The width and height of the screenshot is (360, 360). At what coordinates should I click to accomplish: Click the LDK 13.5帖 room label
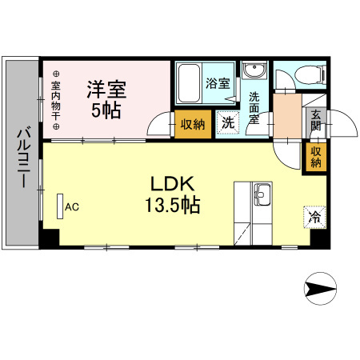pos(172,193)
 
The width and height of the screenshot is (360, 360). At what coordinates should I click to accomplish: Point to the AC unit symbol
pos(60,206)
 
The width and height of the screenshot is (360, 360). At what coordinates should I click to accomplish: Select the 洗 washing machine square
pos(228,123)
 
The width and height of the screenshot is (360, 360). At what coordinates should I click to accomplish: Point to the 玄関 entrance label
pos(315,119)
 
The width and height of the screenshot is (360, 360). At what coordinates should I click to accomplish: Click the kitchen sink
pos(262,193)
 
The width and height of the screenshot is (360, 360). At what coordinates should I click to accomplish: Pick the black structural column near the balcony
pos(50,238)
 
